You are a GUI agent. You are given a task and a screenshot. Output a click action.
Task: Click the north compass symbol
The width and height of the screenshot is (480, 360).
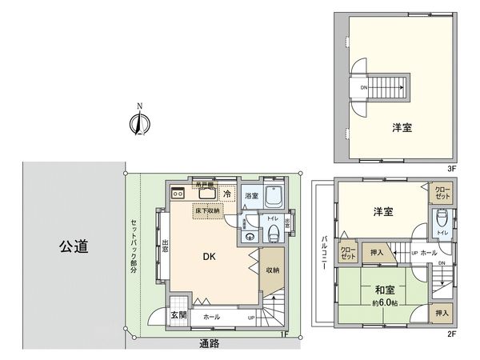138,122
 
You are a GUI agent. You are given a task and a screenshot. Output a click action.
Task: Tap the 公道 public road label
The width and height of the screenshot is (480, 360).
71,246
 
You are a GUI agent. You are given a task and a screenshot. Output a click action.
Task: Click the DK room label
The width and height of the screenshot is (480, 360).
207,257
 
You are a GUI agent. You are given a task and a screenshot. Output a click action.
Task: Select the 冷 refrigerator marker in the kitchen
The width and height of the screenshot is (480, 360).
228,194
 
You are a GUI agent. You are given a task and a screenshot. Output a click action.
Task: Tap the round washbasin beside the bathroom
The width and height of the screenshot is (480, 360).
250,237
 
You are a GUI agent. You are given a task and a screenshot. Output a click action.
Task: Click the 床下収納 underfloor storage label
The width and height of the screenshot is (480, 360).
207,210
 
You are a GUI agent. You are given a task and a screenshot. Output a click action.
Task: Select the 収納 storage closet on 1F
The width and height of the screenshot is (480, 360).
272,270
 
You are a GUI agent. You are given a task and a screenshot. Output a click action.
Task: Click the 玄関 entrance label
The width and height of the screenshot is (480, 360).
178,315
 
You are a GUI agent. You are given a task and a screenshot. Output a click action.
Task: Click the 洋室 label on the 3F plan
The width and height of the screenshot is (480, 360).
402,127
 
